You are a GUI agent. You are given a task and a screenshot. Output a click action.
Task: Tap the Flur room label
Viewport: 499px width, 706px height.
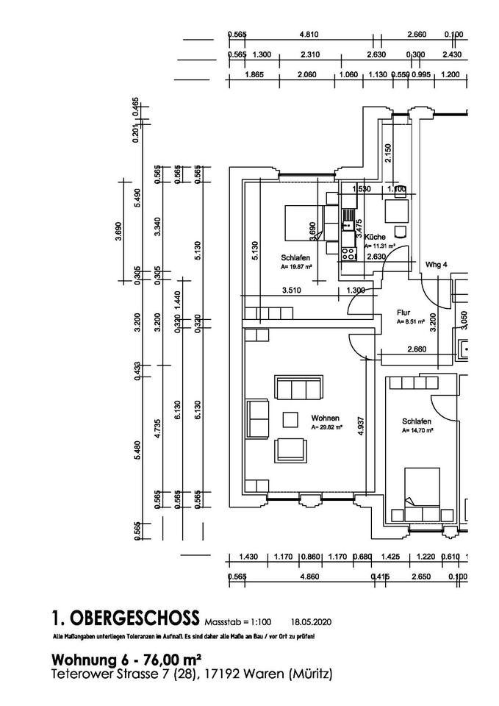point(403,312)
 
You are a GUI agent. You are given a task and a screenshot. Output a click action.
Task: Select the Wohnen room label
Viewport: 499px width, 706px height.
point(324,416)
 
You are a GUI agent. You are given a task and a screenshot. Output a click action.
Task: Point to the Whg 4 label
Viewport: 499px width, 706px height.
point(437,264)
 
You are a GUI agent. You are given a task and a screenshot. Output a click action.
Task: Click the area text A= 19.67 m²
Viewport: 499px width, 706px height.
point(297,268)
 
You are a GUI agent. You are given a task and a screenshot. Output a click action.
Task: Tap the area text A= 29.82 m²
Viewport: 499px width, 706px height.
point(327,427)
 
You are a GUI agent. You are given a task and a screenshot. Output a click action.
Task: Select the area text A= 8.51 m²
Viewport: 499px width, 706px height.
point(409,321)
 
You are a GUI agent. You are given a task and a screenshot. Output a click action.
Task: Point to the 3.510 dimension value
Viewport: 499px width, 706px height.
point(292,290)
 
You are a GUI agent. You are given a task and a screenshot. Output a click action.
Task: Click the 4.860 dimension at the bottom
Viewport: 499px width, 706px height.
point(310,577)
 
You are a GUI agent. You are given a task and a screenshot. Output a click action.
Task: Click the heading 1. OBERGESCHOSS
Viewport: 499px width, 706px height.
point(126,616)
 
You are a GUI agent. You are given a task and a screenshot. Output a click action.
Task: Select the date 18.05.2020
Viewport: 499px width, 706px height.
point(312,621)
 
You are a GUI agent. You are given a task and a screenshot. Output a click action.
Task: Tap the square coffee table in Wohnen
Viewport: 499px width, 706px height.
point(290,419)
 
